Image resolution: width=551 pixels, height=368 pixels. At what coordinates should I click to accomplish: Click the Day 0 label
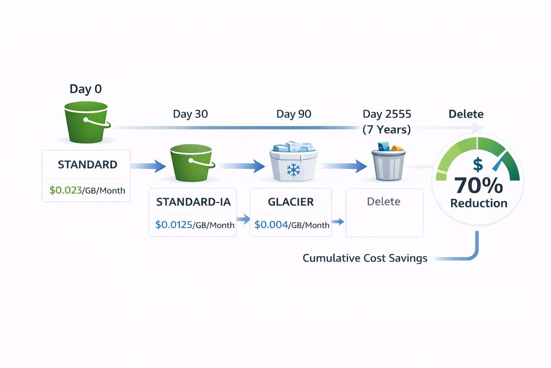point(86,89)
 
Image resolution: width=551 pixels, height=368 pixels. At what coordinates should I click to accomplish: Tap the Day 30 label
point(190,114)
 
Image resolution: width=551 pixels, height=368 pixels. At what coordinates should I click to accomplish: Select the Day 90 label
point(294,114)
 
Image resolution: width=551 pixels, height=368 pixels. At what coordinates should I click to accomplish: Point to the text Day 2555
point(387,114)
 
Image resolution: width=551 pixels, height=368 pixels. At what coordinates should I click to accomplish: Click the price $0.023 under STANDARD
point(66,190)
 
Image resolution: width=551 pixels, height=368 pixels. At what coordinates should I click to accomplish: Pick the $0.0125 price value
point(174,225)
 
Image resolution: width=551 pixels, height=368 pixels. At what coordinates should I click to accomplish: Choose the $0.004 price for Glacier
point(271,225)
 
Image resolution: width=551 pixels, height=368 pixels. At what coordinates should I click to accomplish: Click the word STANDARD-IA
point(193,202)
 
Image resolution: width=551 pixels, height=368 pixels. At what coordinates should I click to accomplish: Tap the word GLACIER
point(291,202)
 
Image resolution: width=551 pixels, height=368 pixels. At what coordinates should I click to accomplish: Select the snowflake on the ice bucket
point(293,170)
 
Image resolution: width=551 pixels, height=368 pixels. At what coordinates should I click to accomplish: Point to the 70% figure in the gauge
point(479,185)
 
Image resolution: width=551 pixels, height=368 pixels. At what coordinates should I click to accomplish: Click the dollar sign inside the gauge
point(478,165)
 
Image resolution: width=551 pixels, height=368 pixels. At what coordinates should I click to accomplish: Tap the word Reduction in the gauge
point(479,203)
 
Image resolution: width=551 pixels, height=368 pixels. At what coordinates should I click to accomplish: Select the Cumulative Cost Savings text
point(365,258)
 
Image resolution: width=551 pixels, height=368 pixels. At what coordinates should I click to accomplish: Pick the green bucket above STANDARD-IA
point(192,162)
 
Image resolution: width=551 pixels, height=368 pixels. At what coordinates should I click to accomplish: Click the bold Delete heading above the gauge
point(466,114)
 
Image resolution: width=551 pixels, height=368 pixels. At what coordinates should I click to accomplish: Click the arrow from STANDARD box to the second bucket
point(149,166)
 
